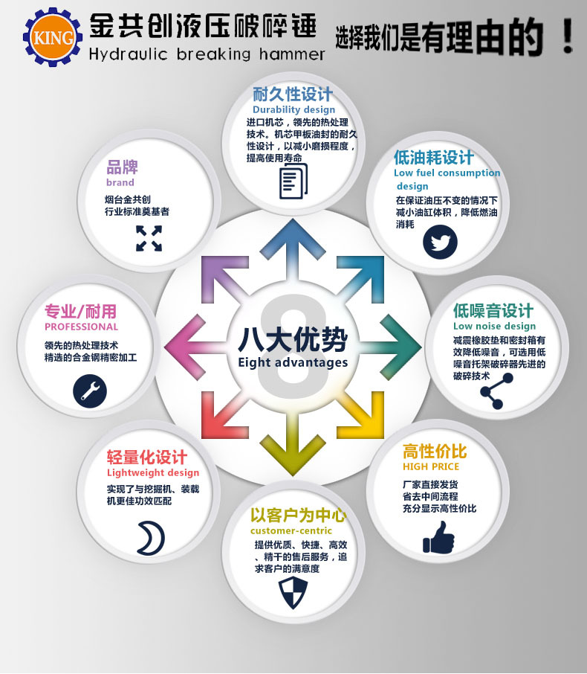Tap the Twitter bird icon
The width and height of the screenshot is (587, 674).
tap(440, 242)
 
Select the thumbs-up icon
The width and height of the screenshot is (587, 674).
tap(438, 536)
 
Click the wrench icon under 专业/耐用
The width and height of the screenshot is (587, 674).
tap(90, 389)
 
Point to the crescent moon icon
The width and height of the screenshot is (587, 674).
tap(150, 537)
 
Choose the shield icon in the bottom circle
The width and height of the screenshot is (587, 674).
tap(291, 592)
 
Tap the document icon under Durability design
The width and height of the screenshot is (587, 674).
tap(292, 182)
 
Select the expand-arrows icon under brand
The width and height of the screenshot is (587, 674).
tap(149, 239)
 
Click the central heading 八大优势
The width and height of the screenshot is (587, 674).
tap(293, 339)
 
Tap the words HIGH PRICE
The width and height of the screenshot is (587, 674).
tap(431, 466)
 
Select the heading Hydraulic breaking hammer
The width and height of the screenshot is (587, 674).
tap(207, 54)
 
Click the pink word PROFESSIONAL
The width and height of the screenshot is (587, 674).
tap(81, 327)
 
